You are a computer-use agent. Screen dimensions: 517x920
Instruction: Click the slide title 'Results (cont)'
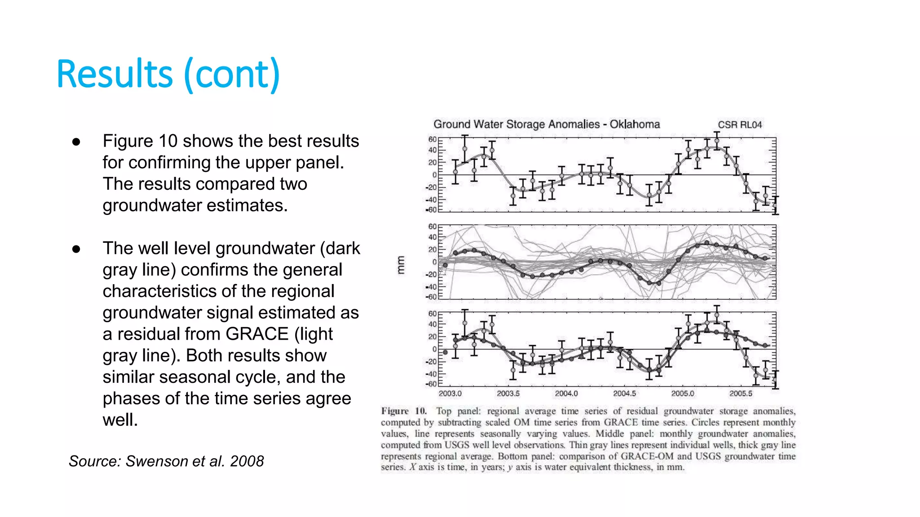pos(168,74)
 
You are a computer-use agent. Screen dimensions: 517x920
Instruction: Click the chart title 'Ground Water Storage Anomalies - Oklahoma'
pos(546,124)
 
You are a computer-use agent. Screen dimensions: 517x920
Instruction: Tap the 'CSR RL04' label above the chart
pos(739,125)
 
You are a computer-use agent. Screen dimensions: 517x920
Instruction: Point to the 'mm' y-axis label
pos(401,265)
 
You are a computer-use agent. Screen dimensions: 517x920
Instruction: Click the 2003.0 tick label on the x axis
pos(450,394)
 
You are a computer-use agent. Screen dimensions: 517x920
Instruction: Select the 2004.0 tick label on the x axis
pos(566,394)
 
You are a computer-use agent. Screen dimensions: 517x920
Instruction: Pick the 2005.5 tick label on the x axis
pos(740,394)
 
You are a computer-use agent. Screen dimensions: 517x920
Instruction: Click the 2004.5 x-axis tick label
pos(624,394)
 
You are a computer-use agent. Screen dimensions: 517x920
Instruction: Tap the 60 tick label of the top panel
pos(432,140)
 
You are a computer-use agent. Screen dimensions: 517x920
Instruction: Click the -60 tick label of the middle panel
pos(431,297)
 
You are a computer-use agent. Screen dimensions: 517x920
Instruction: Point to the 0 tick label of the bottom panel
pos(434,349)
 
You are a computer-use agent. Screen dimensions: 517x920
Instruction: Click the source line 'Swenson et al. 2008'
pos(166,461)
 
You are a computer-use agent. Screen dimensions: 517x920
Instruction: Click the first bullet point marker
pos(76,142)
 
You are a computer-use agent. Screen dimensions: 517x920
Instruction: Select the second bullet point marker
pos(76,249)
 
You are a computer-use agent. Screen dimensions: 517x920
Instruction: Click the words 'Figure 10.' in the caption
pos(403,411)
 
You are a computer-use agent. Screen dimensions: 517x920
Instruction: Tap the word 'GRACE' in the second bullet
pos(257,334)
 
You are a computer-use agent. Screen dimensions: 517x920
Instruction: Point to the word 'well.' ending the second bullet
pos(120,420)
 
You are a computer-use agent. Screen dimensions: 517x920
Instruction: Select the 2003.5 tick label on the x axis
pos(508,394)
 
